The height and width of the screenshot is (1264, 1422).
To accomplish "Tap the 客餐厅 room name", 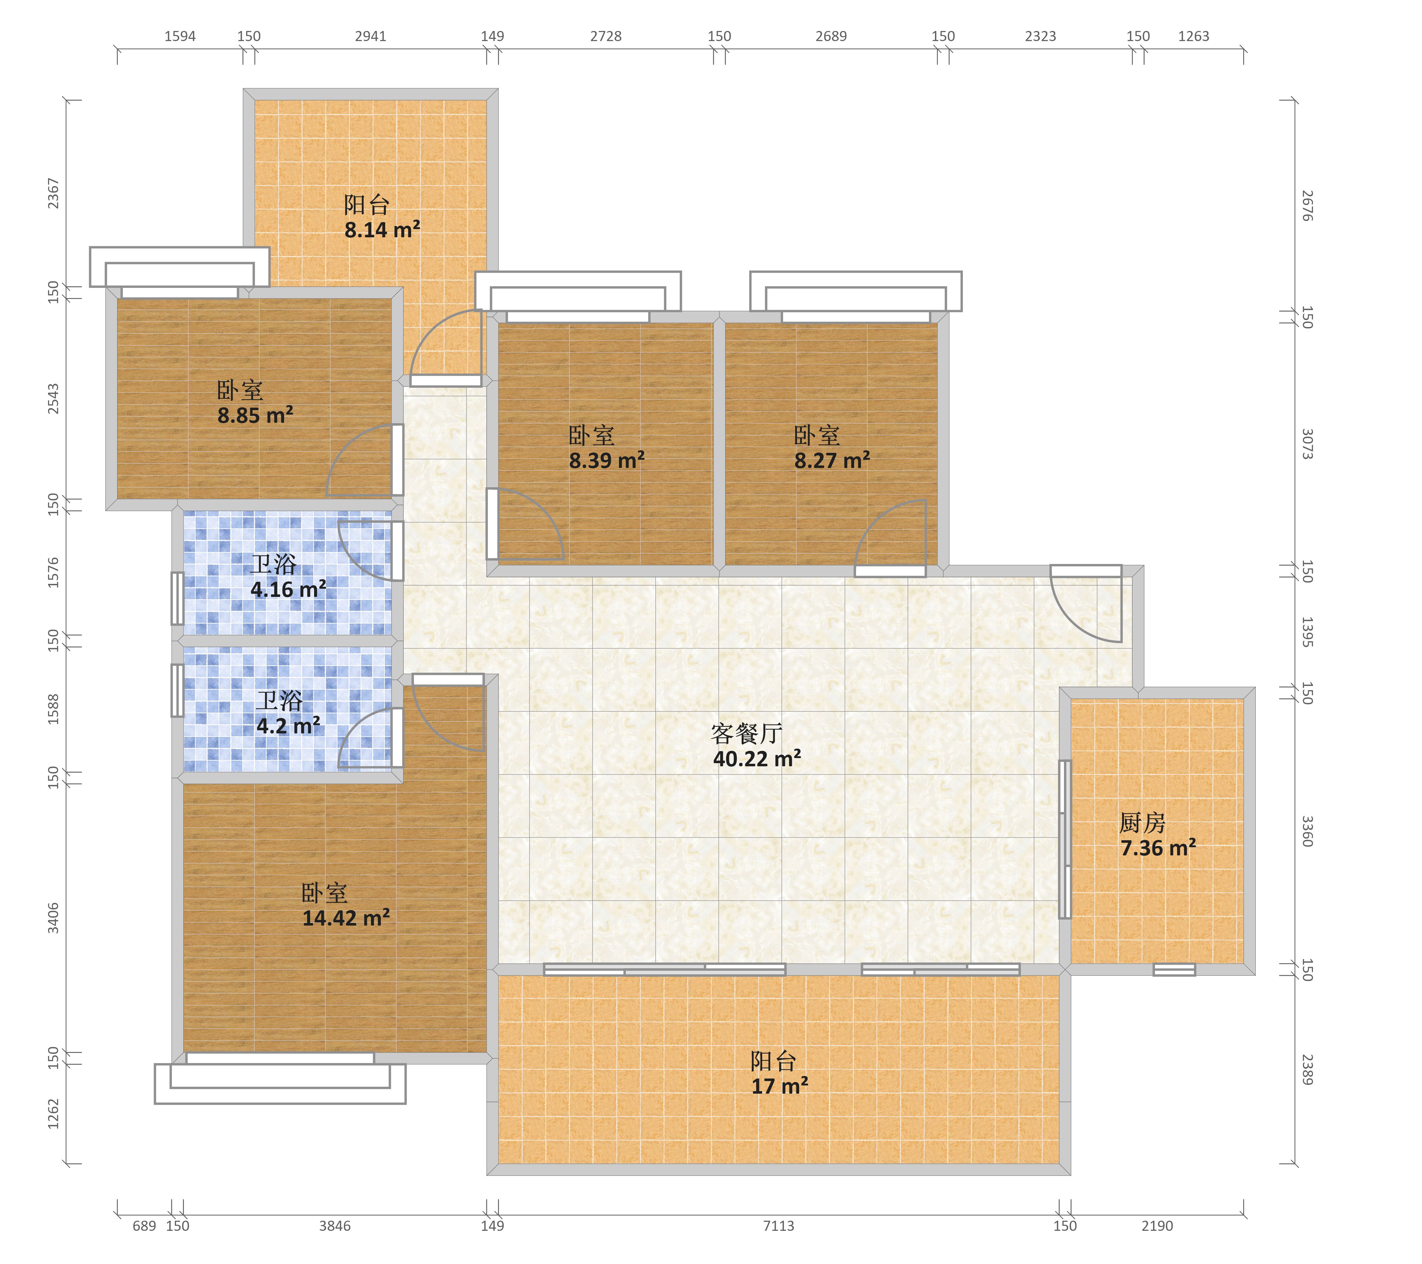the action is click(x=746, y=733).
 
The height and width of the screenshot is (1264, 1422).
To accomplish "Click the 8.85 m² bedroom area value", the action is click(x=255, y=415).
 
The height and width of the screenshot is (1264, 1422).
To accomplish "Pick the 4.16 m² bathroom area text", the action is click(x=288, y=589).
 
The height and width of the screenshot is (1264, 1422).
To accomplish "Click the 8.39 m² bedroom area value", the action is click(x=607, y=460).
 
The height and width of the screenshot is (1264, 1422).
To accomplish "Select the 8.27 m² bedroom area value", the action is click(x=832, y=460).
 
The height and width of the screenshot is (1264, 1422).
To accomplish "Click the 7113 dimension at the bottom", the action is click(x=779, y=1226).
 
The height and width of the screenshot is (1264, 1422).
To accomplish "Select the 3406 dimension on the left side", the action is click(x=53, y=918).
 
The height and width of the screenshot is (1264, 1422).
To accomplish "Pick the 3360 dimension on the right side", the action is click(x=1307, y=831).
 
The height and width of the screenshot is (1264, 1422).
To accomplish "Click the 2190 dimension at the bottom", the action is click(x=1157, y=1226).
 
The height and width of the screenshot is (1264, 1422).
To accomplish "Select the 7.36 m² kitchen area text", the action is click(x=1158, y=848).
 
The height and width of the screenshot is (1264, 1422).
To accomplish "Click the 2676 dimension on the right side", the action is click(x=1307, y=206).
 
